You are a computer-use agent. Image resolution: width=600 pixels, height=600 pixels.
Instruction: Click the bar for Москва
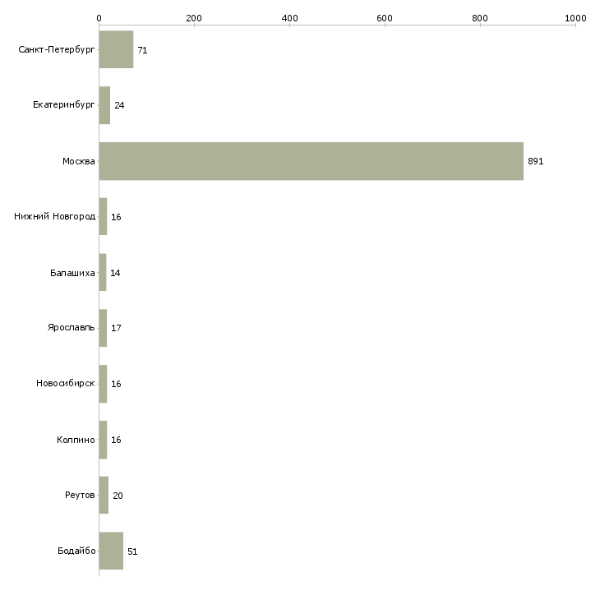coord(312,161)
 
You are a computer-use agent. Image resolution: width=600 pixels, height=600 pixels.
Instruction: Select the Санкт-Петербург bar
coord(117,49)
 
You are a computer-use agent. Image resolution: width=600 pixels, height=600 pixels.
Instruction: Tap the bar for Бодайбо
coord(111,551)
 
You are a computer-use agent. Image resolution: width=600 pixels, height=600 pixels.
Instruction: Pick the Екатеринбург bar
coord(104,105)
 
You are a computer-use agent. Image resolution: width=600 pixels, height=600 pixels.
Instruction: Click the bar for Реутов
coord(104,495)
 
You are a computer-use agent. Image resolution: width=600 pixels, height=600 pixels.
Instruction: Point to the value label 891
coord(535,161)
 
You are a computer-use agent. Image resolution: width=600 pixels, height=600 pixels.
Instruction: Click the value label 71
coord(142,50)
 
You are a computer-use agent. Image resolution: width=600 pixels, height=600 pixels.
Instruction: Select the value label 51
coord(132,552)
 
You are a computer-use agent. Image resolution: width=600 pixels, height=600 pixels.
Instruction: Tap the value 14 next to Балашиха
coord(115,273)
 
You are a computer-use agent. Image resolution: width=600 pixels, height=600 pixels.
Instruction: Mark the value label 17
coord(116,328)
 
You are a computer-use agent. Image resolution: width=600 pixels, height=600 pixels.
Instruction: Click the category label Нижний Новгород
coord(55,216)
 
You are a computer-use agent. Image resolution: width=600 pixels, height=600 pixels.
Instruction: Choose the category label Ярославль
coord(72,328)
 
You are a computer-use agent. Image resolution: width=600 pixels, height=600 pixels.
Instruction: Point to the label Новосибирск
coord(66,383)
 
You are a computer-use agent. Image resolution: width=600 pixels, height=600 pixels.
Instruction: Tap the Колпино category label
coord(76,440)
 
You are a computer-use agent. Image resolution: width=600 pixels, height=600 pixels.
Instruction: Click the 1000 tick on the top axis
coord(575,18)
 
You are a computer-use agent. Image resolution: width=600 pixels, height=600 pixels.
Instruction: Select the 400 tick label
coord(289,18)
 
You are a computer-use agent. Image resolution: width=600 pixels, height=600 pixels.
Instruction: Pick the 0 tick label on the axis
coord(99,18)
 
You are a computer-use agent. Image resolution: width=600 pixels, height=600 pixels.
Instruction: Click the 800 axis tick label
coord(480,18)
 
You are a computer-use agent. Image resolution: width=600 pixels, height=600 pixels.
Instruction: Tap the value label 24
coord(119,105)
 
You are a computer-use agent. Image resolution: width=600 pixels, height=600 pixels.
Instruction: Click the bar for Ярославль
coord(103,328)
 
